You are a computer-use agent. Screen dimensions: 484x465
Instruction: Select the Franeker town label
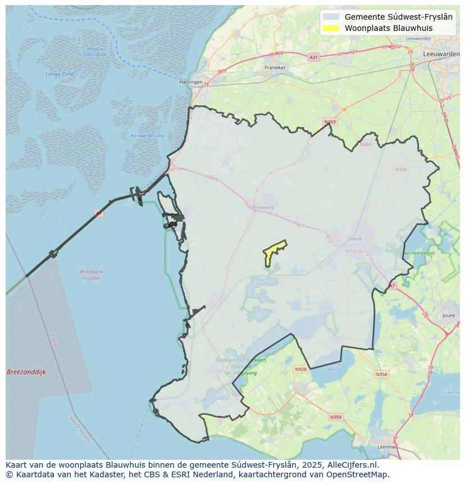[275, 67]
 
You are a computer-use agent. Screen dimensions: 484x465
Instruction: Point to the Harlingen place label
[190, 82]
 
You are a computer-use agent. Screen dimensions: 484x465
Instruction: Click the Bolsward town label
[263, 207]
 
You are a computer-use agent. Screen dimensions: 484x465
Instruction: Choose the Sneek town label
[355, 238]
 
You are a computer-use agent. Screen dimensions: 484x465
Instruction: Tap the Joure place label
[449, 316]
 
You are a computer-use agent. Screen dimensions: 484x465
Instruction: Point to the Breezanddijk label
[26, 372]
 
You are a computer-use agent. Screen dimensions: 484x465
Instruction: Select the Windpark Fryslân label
[91, 275]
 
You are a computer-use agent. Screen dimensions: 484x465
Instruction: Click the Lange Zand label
[60, 74]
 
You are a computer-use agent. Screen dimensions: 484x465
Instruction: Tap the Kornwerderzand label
[148, 136]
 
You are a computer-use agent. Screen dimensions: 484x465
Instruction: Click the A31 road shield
[313, 57]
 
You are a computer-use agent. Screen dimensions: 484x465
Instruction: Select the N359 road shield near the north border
[330, 122]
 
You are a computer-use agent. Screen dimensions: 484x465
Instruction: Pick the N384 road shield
[366, 144]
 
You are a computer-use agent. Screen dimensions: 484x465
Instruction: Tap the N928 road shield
[300, 369]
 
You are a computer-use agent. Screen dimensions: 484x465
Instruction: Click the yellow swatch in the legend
[331, 28]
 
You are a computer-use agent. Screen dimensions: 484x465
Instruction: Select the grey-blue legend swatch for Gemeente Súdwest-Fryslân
[331, 17]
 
